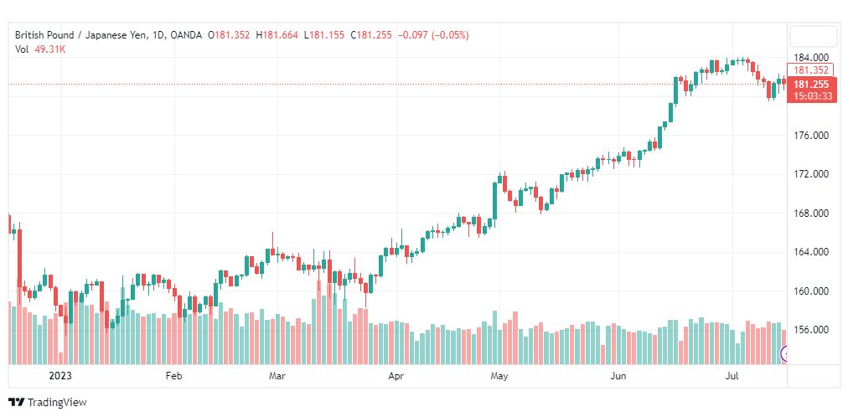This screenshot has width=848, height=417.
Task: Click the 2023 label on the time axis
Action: [60, 376]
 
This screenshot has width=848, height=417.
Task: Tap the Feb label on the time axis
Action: [173, 376]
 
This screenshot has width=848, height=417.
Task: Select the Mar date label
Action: [277, 376]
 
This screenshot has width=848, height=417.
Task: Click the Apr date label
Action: [396, 376]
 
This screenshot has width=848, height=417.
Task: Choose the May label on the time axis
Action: [499, 376]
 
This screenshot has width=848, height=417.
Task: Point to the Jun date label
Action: [618, 376]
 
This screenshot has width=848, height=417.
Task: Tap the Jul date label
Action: [732, 376]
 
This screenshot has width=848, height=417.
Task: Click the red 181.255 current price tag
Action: [812, 90]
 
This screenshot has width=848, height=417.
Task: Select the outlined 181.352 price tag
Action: [811, 70]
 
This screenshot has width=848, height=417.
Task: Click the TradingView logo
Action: [48, 403]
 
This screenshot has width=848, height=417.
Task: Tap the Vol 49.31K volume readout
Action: [40, 49]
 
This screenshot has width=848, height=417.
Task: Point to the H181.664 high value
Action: [277, 35]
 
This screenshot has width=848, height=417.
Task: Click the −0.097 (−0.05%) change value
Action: [433, 35]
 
